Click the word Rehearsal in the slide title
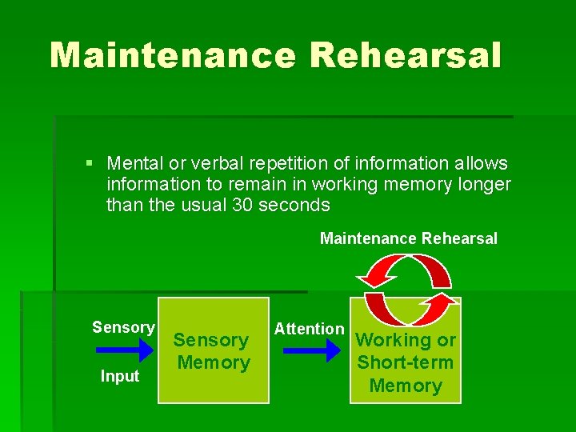click(x=406, y=55)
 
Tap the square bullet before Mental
click(x=90, y=164)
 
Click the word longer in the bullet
click(x=483, y=185)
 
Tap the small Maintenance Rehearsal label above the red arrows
click(x=408, y=238)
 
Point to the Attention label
click(x=309, y=329)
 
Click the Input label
click(x=120, y=376)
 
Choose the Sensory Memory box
click(x=213, y=350)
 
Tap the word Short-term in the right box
click(x=406, y=362)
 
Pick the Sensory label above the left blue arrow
click(x=123, y=327)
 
